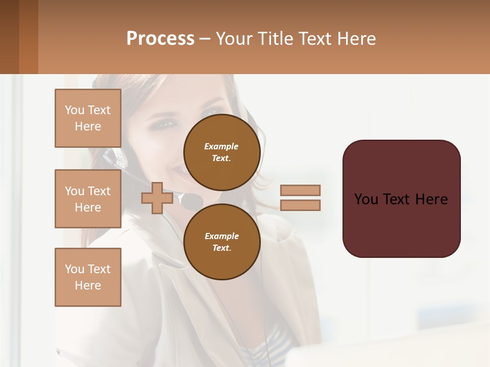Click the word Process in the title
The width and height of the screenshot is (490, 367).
[160, 39]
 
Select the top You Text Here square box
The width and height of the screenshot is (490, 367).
[88, 118]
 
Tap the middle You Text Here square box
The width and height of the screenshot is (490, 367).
[88, 199]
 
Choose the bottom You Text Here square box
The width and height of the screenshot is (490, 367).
[88, 277]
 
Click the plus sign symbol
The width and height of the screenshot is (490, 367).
[157, 198]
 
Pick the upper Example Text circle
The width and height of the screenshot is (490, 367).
[222, 152]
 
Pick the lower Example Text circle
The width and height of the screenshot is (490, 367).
[222, 242]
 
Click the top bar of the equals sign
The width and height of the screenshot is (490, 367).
[300, 191]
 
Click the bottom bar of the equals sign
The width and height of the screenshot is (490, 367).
[300, 205]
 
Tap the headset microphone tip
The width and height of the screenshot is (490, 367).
[191, 201]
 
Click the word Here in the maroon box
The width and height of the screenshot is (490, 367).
[431, 199]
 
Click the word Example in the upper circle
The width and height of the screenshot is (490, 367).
[222, 146]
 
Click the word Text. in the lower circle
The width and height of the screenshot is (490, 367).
[222, 248]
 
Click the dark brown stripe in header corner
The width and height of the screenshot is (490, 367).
[9, 37]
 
